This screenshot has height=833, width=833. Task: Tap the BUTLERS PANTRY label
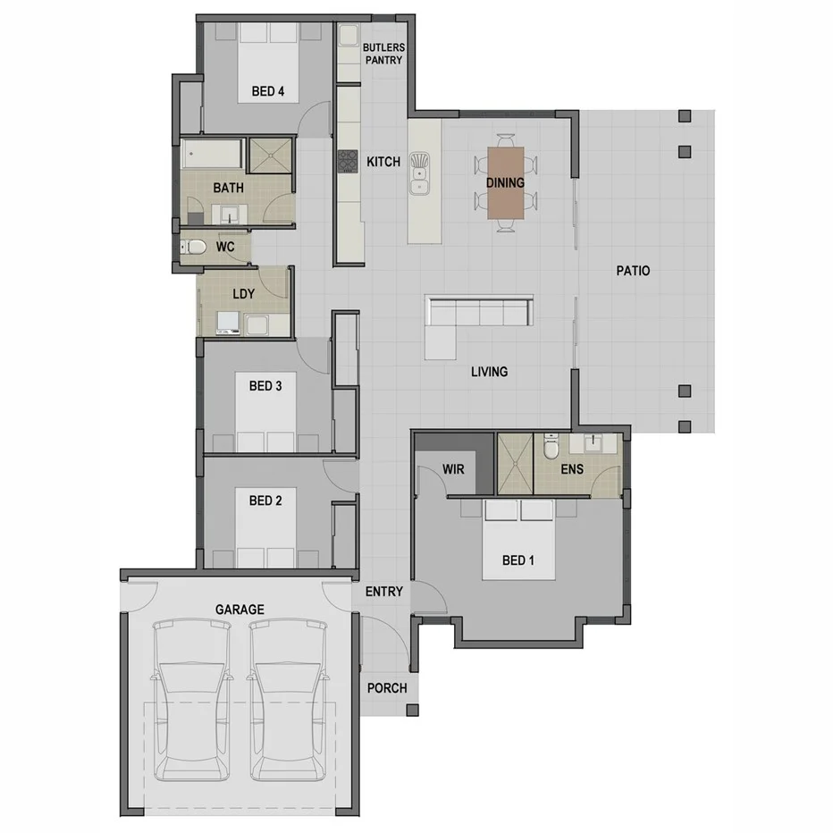pyautogui.click(x=383, y=53)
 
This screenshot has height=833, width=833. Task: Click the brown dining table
pyautogui.click(x=505, y=181)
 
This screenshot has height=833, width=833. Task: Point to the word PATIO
pyautogui.click(x=633, y=271)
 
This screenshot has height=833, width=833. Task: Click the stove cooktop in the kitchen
pyautogui.click(x=347, y=162)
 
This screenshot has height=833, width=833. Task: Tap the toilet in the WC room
pyautogui.click(x=194, y=248)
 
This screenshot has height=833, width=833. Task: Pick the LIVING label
pyautogui.click(x=489, y=371)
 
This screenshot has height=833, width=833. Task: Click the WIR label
pyautogui.click(x=453, y=469)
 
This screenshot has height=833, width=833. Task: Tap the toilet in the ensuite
pyautogui.click(x=551, y=443)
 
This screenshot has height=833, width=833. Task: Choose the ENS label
pyautogui.click(x=572, y=468)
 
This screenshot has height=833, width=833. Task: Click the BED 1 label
pyautogui.click(x=517, y=560)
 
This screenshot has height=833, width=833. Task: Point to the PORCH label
pyautogui.click(x=387, y=688)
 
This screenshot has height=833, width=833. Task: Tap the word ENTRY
pyautogui.click(x=384, y=592)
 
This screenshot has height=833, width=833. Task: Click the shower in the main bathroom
pyautogui.click(x=270, y=154)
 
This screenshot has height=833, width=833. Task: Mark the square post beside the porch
pyautogui.click(x=412, y=710)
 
